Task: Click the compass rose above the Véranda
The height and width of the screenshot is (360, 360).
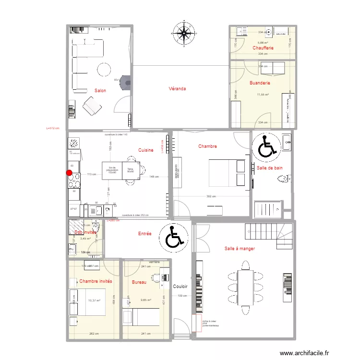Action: pyautogui.click(x=183, y=33)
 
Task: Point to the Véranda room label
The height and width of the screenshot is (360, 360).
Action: pyautogui.click(x=177, y=89)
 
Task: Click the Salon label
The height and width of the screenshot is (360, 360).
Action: pyautogui.click(x=100, y=90)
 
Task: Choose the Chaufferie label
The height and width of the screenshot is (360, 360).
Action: pyautogui.click(x=263, y=48)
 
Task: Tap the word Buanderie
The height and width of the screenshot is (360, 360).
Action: pyautogui.click(x=260, y=83)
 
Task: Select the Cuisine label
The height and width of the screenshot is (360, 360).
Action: pyautogui.click(x=145, y=150)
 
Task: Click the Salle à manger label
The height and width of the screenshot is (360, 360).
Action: pyautogui.click(x=240, y=249)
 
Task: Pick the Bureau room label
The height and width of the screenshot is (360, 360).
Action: pyautogui.click(x=139, y=282)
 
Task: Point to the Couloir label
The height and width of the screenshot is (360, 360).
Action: pyautogui.click(x=180, y=286)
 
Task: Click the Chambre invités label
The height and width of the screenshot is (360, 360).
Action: pyautogui.click(x=96, y=281)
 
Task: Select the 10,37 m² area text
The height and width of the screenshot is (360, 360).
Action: pyautogui.click(x=94, y=300)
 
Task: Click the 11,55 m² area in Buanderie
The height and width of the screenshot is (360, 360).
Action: pyautogui.click(x=263, y=95)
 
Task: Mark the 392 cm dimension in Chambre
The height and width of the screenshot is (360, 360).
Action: pyautogui.click(x=211, y=196)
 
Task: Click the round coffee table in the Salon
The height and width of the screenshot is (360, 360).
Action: pyautogui.click(x=104, y=70)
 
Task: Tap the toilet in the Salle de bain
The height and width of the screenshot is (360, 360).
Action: pyautogui.click(x=283, y=180)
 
